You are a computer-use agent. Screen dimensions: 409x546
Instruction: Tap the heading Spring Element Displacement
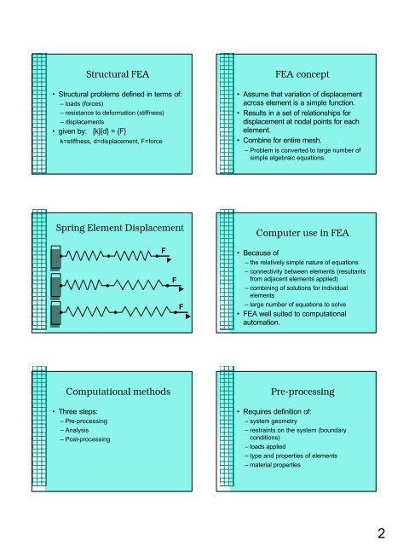[x=118, y=229]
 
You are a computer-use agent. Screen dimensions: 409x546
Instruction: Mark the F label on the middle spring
[x=173, y=278]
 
